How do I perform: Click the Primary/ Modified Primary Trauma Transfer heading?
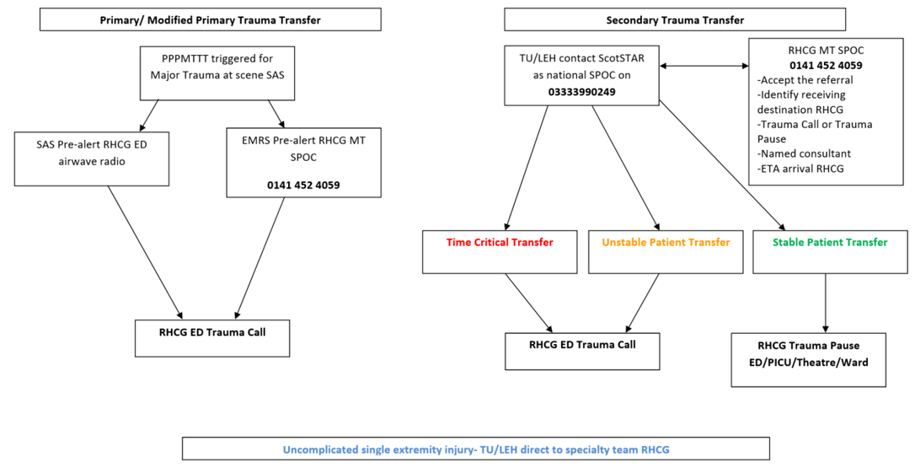click(x=210, y=20)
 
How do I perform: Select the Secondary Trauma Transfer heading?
click(x=675, y=20)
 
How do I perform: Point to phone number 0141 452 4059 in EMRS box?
click(x=303, y=185)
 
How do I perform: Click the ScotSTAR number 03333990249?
click(x=581, y=91)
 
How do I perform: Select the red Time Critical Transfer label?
click(x=500, y=243)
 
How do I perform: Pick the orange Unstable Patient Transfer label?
click(x=666, y=243)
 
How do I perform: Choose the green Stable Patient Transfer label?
click(x=830, y=243)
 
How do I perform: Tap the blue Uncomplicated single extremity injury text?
click(x=476, y=449)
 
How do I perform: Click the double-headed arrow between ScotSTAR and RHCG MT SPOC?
click(x=704, y=65)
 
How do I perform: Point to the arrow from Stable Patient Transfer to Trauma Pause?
click(x=825, y=302)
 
